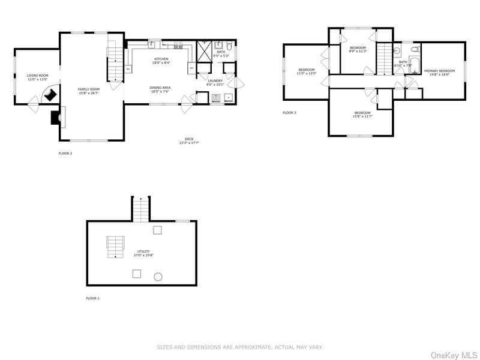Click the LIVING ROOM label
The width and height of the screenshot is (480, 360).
[x=37, y=76]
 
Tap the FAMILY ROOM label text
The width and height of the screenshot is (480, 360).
[x=88, y=89]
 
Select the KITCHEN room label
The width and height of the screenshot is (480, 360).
[x=160, y=59]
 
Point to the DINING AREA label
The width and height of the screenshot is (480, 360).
[x=160, y=88]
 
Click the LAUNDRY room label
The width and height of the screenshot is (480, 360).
[x=215, y=80]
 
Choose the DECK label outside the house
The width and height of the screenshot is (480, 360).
[x=189, y=139]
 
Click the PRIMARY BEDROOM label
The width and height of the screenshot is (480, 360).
[x=439, y=71]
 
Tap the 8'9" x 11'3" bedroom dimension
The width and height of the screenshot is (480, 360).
[x=358, y=52]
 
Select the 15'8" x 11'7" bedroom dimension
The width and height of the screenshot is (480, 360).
[x=362, y=116]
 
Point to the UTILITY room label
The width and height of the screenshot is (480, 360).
[x=143, y=251]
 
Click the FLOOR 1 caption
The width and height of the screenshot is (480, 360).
[x=92, y=298]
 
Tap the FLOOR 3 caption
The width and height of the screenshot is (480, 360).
[x=289, y=113]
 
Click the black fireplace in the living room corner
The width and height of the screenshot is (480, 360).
[x=51, y=95]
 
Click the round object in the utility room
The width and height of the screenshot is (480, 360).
[x=158, y=277]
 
